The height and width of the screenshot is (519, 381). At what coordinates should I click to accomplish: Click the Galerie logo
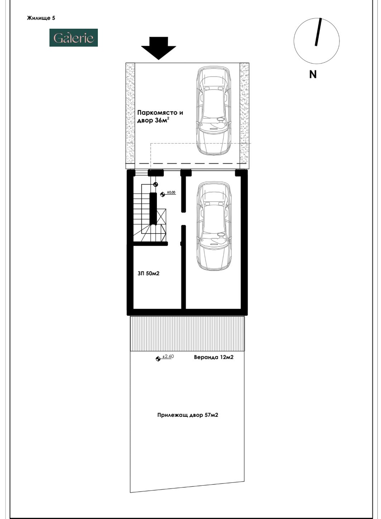click(73, 38)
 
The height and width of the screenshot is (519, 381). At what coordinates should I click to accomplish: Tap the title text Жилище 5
click(41, 18)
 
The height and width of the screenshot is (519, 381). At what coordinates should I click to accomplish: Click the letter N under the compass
click(313, 74)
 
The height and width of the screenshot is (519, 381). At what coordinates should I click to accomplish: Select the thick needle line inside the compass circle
click(318, 32)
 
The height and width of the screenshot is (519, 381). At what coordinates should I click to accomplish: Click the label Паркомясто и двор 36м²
click(160, 117)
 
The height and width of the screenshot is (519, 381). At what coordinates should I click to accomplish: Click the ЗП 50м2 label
click(148, 274)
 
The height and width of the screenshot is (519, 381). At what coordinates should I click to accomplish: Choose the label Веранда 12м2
click(213, 357)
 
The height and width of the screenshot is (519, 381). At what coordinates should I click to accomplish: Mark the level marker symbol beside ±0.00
click(162, 194)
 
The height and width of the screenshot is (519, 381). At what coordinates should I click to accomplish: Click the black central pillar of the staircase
click(153, 208)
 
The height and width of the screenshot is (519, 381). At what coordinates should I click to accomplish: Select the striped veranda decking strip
click(187, 333)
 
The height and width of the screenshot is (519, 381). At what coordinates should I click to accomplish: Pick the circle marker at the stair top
click(156, 184)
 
